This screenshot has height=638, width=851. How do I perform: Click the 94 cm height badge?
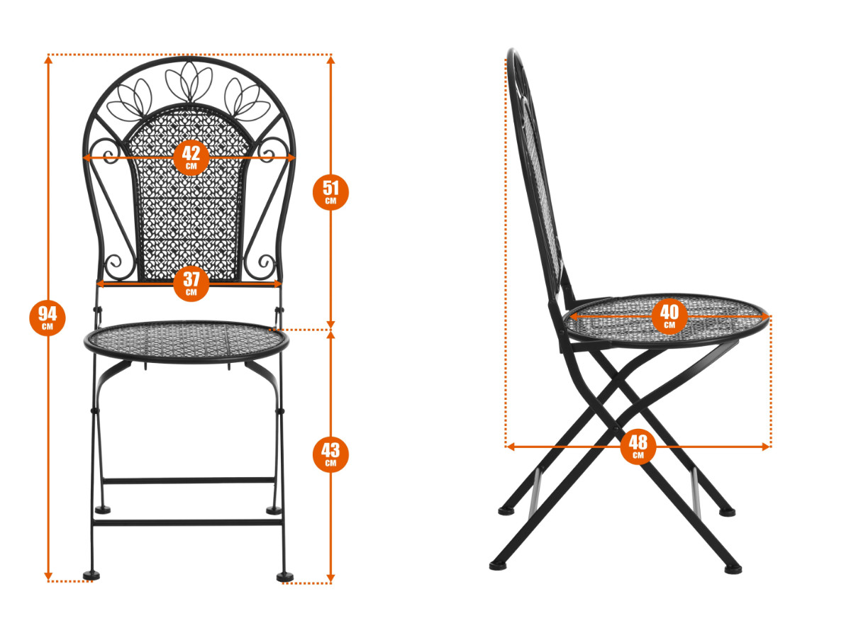[48, 318]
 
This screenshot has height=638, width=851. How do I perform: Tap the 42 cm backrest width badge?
[191, 157]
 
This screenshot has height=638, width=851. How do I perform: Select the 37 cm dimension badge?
[191, 284]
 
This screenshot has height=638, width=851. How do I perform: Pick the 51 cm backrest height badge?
[330, 192]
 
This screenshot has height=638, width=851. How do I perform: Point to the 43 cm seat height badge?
[330, 454]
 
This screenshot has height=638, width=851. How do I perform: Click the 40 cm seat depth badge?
[669, 316]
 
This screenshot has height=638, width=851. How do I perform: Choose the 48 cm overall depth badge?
[638, 447]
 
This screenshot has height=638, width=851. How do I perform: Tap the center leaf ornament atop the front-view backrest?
[189, 82]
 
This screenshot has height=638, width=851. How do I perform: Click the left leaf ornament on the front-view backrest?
[129, 100]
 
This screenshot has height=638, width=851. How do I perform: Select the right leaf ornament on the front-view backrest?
[247, 99]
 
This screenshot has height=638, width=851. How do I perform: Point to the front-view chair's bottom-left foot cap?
[91, 576]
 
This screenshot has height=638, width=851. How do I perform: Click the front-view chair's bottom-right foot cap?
[285, 577]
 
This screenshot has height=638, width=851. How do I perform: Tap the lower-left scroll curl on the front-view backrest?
[116, 264]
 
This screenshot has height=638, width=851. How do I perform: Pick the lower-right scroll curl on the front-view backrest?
[264, 264]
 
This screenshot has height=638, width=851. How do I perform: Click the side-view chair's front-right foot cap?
[733, 569]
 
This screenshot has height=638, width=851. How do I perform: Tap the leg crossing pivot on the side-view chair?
[616, 429]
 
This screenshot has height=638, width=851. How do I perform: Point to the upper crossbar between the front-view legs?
[189, 481]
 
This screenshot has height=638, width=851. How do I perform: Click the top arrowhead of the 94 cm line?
[48, 60]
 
